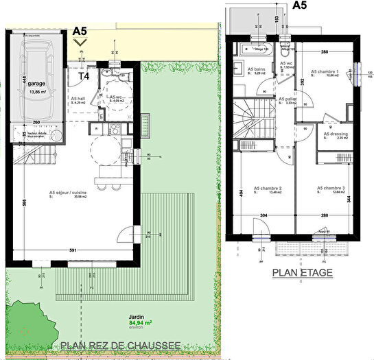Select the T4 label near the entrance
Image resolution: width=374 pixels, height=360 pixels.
(85, 76)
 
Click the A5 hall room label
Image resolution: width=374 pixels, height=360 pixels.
(79, 98)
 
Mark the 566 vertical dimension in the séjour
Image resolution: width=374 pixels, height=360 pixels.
(23, 203)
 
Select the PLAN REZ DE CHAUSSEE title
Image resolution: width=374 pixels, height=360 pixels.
(121, 346)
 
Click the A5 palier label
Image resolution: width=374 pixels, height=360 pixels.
(286, 99)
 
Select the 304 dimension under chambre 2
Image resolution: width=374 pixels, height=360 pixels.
(264, 215)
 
